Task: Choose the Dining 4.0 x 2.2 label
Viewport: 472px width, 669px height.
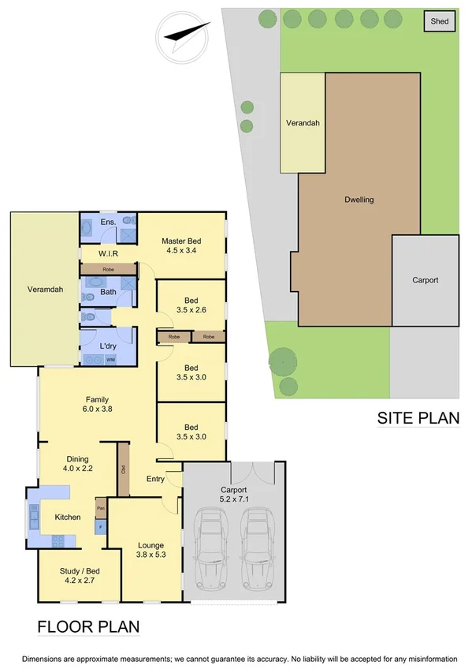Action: [x=77, y=464]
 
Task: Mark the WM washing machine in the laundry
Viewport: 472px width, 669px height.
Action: [x=121, y=360]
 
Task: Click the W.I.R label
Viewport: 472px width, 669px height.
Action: [x=109, y=253]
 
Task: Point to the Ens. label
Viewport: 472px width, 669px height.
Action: [x=108, y=223]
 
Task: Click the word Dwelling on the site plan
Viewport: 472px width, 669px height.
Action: [x=359, y=200]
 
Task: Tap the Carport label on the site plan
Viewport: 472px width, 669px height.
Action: [x=425, y=280]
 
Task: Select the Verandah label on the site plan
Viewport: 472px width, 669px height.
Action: [x=303, y=123]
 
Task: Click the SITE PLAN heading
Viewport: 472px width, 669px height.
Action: [x=418, y=418]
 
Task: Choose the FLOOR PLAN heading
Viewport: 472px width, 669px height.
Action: [x=88, y=626]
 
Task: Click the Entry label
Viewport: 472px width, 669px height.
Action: [x=155, y=479]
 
